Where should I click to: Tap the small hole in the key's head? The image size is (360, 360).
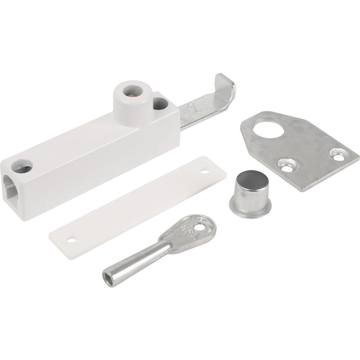(207, 221)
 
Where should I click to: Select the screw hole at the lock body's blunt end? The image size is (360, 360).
(24, 168)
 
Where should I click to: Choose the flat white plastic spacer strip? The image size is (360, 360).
(135, 198)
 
